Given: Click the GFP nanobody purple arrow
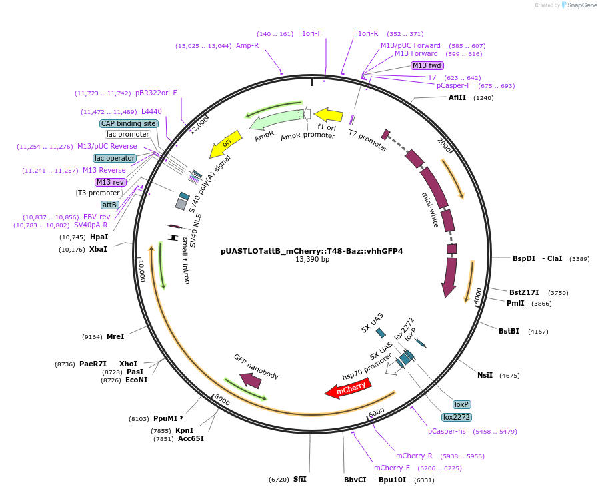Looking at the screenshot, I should point(251,380).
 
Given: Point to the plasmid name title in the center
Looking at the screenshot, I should point(311,252).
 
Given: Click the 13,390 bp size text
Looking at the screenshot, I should point(312,260).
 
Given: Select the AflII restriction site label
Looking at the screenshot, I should point(457,97).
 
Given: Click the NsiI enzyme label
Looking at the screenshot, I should point(485,375).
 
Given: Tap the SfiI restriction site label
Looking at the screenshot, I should point(299,479).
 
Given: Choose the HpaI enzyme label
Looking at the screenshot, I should point(99,237).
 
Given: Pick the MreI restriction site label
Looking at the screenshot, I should point(115,336).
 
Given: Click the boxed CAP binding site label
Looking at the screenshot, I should point(129,123).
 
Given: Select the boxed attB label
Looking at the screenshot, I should point(110,205).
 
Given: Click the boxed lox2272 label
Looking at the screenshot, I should point(457,417).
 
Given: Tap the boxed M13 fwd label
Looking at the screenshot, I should point(427,65).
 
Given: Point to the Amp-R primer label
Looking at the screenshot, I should point(247,45).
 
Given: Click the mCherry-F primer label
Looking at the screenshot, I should point(391,468).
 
